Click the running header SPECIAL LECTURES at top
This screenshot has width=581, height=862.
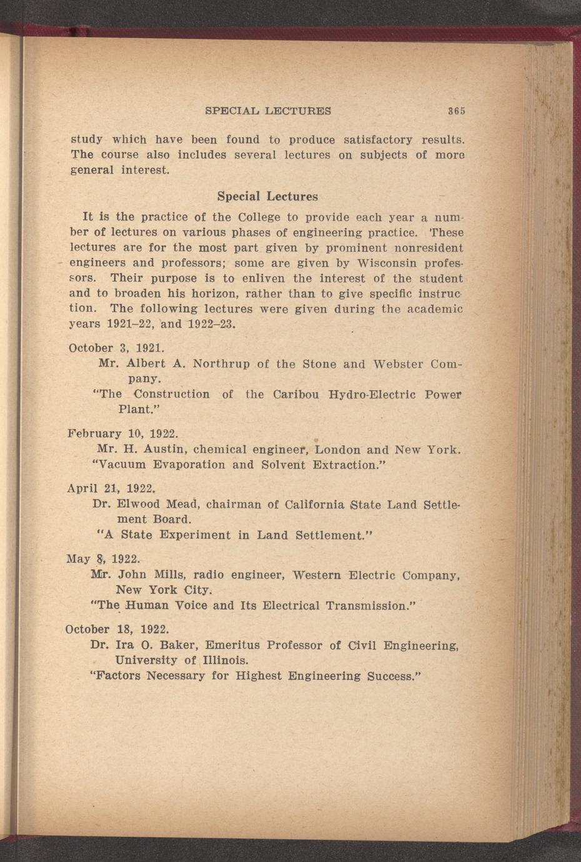(x=268, y=111)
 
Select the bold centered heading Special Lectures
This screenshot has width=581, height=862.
(x=267, y=196)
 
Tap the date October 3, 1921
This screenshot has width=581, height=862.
(x=116, y=348)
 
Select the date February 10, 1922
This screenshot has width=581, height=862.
(x=122, y=433)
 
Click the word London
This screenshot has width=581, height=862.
(x=338, y=449)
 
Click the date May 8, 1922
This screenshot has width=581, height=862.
(x=102, y=559)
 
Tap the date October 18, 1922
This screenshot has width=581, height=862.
(x=117, y=629)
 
